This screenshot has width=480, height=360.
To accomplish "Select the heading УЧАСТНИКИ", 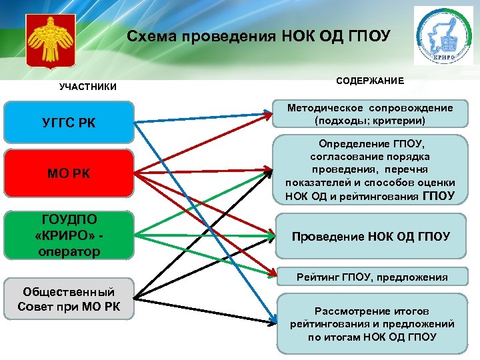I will click(x=87, y=87).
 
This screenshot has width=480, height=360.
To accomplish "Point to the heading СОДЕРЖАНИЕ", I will click(x=369, y=81).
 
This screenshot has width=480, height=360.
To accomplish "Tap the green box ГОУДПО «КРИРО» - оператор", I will click(x=69, y=236).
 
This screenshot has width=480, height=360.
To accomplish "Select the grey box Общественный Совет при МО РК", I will click(x=69, y=299).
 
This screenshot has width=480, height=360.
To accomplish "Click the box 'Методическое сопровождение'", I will click(x=370, y=114).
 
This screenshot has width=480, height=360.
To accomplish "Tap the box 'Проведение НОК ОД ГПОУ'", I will click(x=370, y=237).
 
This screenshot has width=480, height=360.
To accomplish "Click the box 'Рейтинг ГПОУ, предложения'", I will click(x=370, y=277).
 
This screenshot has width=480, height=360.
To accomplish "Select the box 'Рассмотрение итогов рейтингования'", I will click(x=370, y=323).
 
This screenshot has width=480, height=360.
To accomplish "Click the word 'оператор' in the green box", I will click(x=69, y=251).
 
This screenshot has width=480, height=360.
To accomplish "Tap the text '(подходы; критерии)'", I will click(x=370, y=121).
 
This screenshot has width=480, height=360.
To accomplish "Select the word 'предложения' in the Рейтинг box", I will click(x=419, y=277).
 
